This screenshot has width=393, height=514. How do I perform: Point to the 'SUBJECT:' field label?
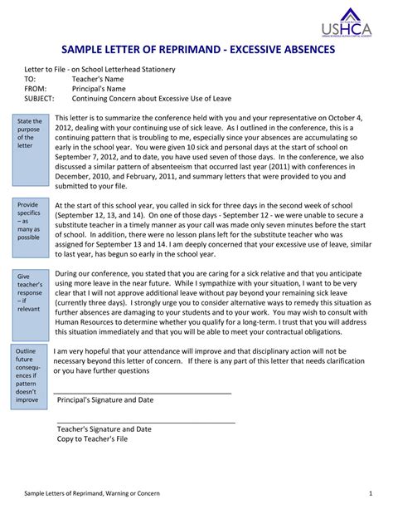click(x=40, y=97)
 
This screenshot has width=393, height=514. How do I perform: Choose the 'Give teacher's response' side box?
click(x=30, y=291)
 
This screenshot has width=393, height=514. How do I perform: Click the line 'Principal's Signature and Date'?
click(x=104, y=399)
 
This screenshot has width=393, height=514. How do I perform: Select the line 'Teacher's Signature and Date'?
click(x=104, y=429)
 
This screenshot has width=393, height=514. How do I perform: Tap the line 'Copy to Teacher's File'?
click(x=92, y=438)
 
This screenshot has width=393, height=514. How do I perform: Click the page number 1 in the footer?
click(x=370, y=493)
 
